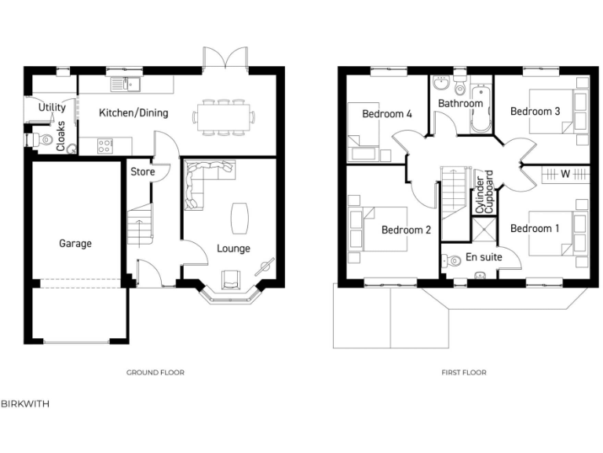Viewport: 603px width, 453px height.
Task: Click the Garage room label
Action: click(x=75, y=244)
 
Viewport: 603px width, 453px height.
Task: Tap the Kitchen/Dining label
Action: click(x=133, y=113)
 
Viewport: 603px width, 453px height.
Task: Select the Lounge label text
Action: click(x=233, y=249)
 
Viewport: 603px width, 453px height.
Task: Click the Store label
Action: click(x=142, y=171)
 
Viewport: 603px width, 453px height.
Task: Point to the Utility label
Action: click(x=52, y=108)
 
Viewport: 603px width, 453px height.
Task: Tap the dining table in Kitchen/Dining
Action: click(x=225, y=117)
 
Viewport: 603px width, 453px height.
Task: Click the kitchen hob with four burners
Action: click(x=104, y=145)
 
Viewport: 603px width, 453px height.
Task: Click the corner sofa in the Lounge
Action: click(x=201, y=181)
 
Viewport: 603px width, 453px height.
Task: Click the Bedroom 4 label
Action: click(x=387, y=114)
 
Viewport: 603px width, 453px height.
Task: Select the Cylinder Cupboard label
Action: click(x=484, y=191)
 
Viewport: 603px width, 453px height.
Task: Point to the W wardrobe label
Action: click(x=565, y=174)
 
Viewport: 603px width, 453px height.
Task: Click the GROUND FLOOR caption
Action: click(x=155, y=373)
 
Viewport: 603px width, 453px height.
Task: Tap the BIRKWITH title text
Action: click(x=25, y=403)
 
